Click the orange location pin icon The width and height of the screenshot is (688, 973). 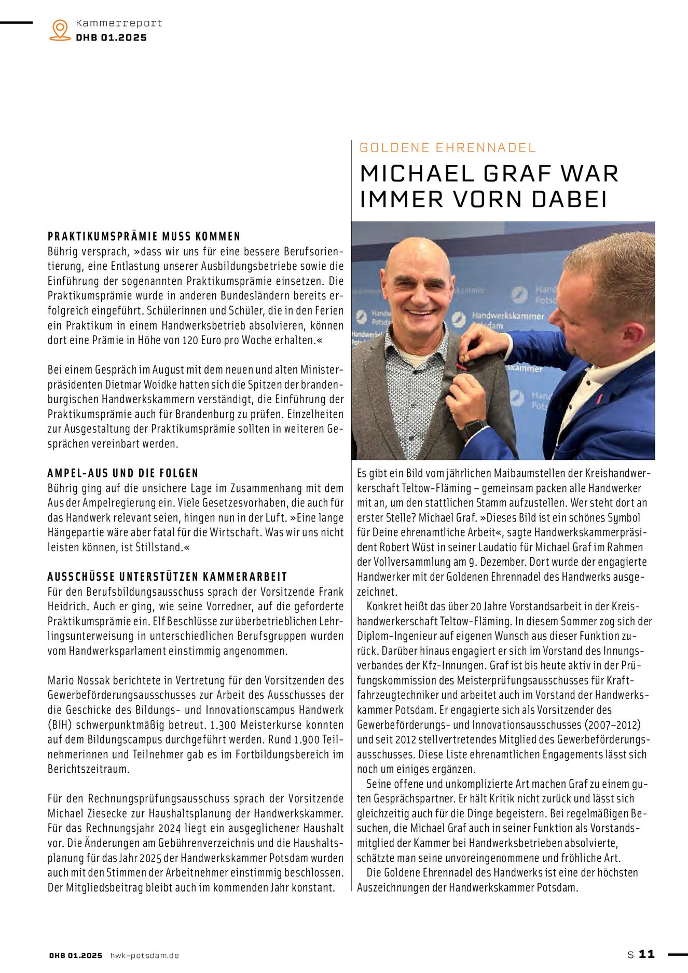click(60, 30)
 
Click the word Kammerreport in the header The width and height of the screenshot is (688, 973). click(119, 23)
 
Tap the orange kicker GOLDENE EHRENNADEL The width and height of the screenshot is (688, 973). click(447, 148)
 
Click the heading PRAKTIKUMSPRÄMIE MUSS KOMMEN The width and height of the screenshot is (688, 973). click(144, 237)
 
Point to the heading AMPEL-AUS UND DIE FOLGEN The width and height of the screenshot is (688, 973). click(123, 473)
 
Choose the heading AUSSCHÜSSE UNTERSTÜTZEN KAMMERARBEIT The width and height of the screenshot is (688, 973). click(167, 577)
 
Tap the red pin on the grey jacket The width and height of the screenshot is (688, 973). click(461, 366)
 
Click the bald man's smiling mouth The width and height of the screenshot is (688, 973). click(420, 312)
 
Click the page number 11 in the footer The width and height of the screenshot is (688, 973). click(646, 954)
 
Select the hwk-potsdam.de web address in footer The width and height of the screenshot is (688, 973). click(145, 955)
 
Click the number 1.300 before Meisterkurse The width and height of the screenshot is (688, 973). click(222, 725)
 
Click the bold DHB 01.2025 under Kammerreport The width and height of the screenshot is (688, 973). click(111, 38)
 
